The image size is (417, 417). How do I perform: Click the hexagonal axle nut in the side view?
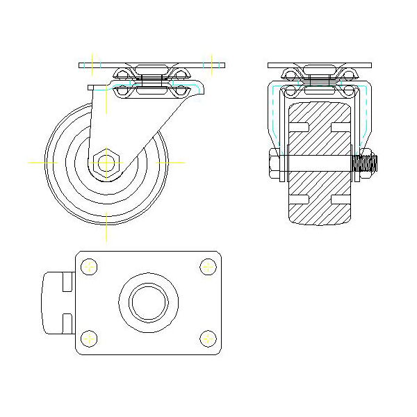tap(106, 162)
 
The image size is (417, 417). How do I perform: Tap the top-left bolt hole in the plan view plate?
tap(88, 266)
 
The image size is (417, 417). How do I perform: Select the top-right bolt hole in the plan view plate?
tap(208, 266)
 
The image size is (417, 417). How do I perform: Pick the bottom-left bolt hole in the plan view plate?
tap(88, 338)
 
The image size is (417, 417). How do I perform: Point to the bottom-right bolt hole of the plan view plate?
tap(208, 338)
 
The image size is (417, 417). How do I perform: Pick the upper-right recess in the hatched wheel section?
tap(341, 126)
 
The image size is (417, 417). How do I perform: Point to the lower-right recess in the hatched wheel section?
tap(341, 199)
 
